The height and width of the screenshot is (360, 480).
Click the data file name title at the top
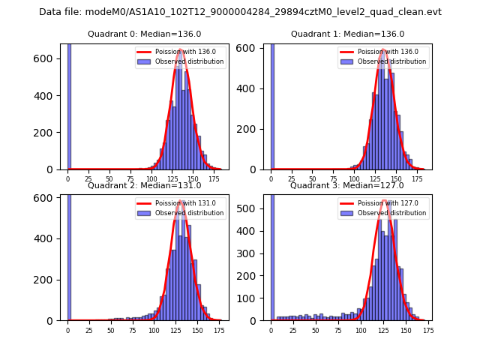[x=240, y=12]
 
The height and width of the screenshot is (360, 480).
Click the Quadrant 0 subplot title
[x=144, y=34]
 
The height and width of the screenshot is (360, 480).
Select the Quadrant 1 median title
[x=347, y=34]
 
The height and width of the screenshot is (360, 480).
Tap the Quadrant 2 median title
[x=144, y=185]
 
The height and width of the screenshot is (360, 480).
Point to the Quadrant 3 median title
[x=347, y=185]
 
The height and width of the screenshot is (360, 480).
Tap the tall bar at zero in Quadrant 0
[x=69, y=105]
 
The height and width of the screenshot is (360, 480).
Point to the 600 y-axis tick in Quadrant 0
[x=49, y=58]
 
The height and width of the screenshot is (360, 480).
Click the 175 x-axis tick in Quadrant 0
[x=215, y=179]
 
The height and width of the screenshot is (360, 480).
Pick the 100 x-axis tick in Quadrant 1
[x=354, y=179]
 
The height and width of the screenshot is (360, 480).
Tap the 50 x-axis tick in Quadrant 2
[x=110, y=330]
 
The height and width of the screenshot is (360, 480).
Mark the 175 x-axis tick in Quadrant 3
[x=427, y=330]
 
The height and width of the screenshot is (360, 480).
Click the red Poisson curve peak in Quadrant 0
[x=181, y=50]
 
